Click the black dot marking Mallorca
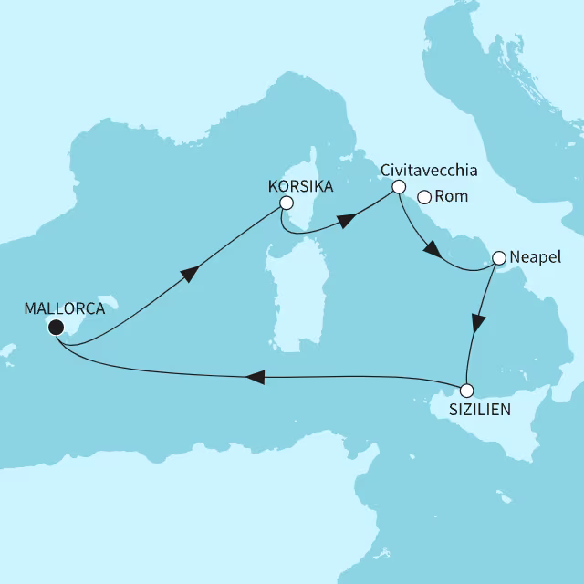point(56,328)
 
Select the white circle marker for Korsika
point(287,203)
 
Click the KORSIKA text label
point(299,185)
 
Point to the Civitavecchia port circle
point(398,187)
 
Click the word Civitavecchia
point(429,170)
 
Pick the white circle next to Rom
point(423,196)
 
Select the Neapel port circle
point(499,258)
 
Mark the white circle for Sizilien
point(466,391)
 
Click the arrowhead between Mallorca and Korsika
point(190,274)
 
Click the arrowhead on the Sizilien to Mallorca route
point(256,377)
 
